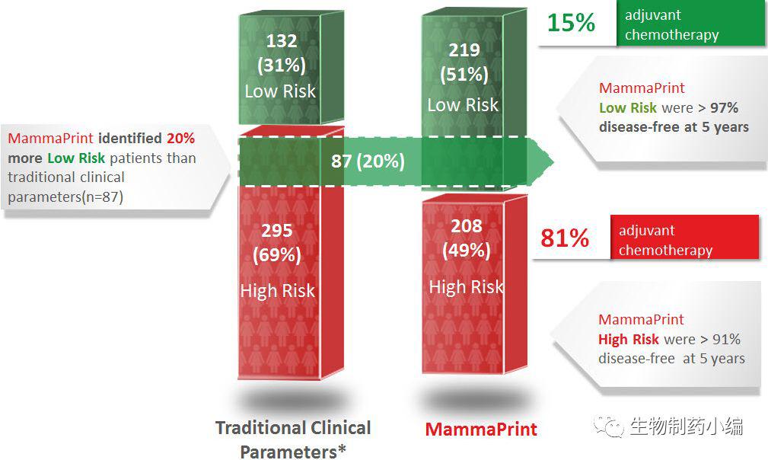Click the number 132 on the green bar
point(280,41)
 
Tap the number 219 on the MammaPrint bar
point(464,50)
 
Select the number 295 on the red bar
point(277,230)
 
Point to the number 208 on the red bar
point(466,225)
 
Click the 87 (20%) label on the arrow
point(368,161)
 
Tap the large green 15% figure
point(571,23)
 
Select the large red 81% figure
point(565,238)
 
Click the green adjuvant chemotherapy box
point(691,24)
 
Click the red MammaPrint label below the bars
point(481,429)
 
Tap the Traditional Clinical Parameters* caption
point(293,439)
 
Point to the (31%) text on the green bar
point(280,66)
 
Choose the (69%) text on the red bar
point(277,255)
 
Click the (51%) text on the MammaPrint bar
point(464,75)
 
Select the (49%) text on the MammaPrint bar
point(466,250)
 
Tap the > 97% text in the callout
point(719,108)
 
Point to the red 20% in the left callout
point(180,139)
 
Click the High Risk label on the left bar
point(277,291)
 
